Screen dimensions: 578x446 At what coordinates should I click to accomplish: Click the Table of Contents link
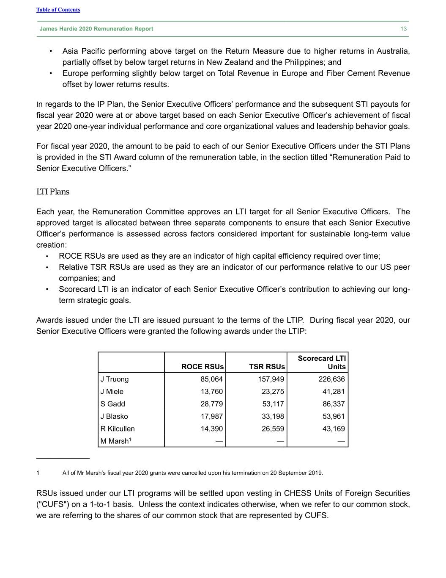[58, 10]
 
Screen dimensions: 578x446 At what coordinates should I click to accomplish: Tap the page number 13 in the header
[403, 29]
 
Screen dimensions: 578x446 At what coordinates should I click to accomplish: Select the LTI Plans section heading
[53, 192]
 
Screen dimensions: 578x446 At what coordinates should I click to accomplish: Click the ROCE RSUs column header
[202, 367]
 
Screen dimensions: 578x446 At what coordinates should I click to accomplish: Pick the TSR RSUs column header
[267, 367]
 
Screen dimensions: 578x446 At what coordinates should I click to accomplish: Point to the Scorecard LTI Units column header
[322, 362]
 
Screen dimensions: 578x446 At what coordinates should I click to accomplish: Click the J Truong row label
[115, 379]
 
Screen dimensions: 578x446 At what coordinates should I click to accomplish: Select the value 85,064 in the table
[211, 379]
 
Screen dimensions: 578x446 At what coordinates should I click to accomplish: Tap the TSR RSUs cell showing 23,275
[273, 392]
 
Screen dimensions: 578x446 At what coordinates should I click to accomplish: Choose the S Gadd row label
[113, 404]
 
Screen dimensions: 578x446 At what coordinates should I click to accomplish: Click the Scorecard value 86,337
[334, 404]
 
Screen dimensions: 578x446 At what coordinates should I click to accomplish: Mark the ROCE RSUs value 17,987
[211, 416]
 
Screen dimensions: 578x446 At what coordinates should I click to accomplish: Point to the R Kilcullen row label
[118, 429]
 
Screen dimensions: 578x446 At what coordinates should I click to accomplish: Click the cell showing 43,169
[334, 429]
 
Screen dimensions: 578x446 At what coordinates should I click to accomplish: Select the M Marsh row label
[115, 441]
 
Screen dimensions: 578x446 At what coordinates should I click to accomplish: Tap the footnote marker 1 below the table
[38, 473]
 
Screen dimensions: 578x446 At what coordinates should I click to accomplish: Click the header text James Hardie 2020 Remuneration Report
[96, 29]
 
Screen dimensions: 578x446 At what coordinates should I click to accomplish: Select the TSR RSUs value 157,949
[271, 379]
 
